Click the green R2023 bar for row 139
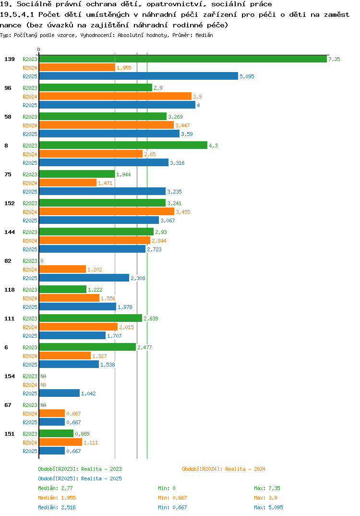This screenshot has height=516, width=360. [183, 59]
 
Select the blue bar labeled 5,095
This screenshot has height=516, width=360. [138, 76]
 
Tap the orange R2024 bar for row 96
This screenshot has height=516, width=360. [115, 97]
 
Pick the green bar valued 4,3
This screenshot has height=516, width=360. [123, 146]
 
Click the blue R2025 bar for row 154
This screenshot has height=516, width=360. [59, 393]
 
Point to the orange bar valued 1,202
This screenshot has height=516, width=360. [62, 269]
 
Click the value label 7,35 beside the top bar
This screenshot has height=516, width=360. [334, 59]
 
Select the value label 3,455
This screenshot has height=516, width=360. [183, 212]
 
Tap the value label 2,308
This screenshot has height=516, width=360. [138, 278]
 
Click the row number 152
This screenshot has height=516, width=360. [10, 203]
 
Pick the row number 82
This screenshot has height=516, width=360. [8, 261]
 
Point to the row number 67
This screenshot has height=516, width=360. [8, 405]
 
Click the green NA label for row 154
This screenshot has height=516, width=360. [43, 376]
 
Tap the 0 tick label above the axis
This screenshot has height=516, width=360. [39, 49]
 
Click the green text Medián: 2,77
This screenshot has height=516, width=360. [55, 488]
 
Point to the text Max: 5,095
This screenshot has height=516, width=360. [268, 507]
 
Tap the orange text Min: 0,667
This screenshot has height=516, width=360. [172, 498]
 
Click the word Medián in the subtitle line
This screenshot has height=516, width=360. [204, 35]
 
